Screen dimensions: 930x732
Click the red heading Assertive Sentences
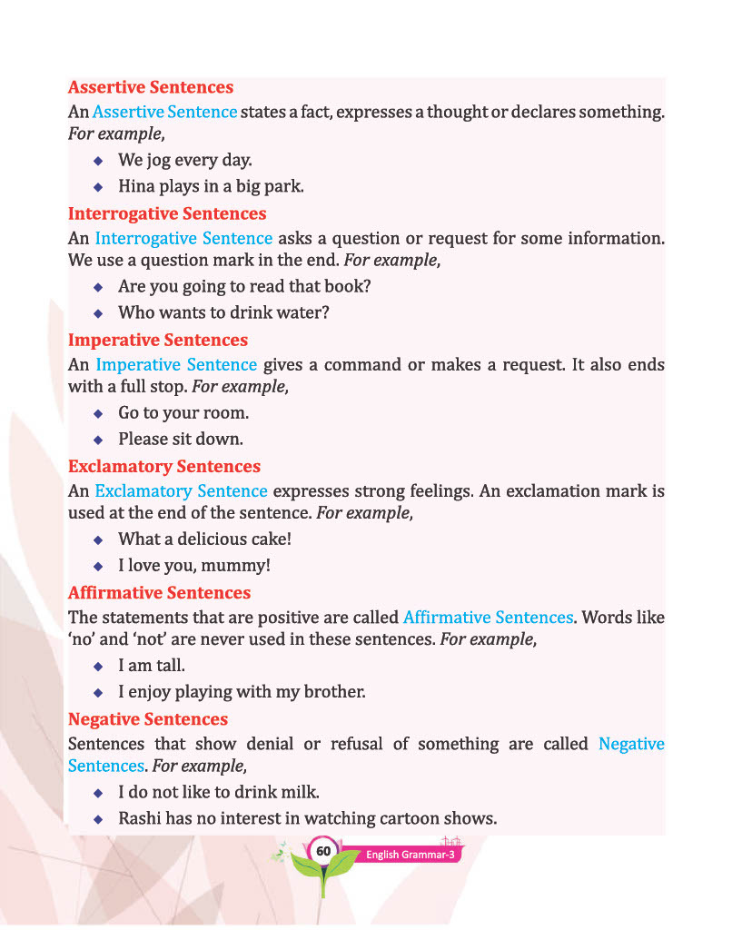151,88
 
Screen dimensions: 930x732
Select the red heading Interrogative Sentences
167,214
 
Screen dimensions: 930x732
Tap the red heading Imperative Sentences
158,341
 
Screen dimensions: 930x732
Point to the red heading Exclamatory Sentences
164,467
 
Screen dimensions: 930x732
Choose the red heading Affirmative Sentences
160,593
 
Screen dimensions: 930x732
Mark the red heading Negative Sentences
148,719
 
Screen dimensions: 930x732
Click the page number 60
322,851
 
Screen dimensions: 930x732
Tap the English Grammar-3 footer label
410,856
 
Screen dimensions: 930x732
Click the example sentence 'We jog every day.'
185,160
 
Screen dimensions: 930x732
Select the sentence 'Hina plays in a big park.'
211,187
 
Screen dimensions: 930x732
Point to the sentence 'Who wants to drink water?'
223,312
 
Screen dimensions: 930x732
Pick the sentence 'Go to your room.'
183,412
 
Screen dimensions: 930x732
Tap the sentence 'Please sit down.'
181,440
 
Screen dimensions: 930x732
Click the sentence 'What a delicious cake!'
205,539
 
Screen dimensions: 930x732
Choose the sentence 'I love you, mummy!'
194,566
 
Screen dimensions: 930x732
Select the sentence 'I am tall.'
152,665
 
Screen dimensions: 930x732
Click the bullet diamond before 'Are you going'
98,286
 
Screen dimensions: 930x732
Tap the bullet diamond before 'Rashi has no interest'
98,818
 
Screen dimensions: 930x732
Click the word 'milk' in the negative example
300,791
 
